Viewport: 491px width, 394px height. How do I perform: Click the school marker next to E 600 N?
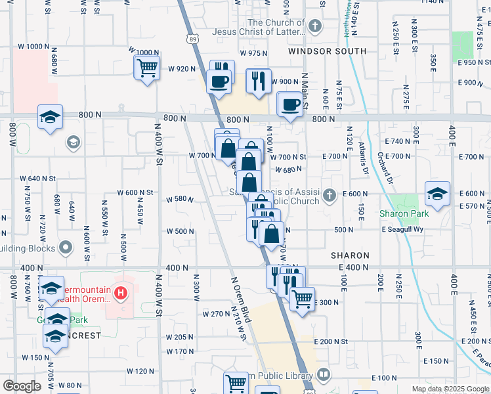coord(437,193)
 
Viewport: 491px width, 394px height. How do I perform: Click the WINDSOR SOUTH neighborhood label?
coord(327,51)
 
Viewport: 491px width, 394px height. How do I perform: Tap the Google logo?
coord(22,386)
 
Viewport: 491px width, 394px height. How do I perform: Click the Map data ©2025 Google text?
coord(450,389)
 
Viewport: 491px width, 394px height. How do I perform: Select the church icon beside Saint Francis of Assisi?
coord(330,194)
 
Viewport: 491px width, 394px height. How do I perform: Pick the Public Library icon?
coord(322,375)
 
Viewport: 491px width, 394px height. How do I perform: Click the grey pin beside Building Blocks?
coord(64,248)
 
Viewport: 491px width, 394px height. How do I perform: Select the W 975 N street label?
coord(254,53)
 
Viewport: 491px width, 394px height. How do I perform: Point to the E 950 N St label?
coord(473,62)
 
